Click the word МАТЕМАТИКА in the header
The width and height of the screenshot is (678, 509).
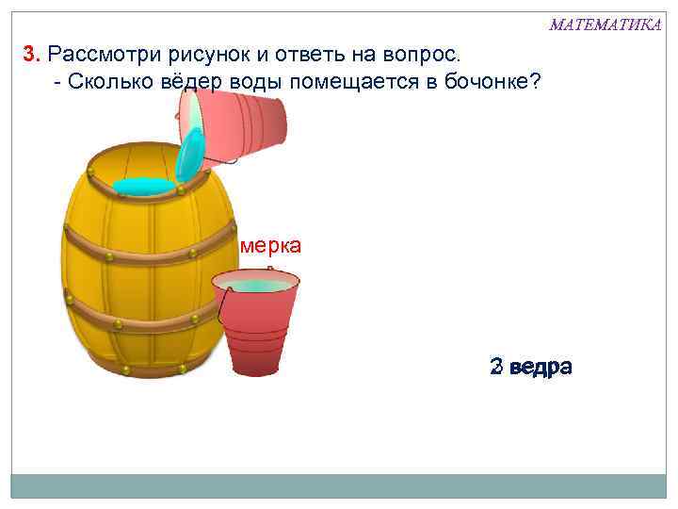click(x=605, y=25)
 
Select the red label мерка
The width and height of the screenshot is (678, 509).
click(x=270, y=246)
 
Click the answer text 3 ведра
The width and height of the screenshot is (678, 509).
click(x=530, y=367)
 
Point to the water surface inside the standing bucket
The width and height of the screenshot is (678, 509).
click(x=255, y=284)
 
